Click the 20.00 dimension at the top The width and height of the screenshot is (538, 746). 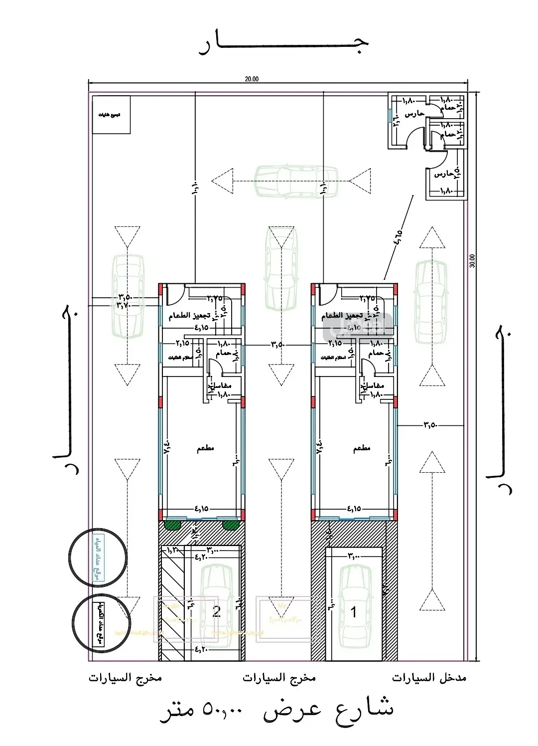click(252, 78)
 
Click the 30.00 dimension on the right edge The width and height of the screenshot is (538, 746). click(472, 261)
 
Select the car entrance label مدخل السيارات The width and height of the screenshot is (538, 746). click(429, 678)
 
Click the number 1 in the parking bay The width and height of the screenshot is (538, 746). click(354, 612)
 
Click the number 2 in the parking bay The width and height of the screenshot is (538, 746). click(216, 612)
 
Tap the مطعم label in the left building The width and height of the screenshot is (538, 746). click(205, 448)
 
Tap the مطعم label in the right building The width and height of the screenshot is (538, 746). click(362, 448)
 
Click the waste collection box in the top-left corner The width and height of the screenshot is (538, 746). click(111, 115)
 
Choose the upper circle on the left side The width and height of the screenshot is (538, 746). click(98, 555)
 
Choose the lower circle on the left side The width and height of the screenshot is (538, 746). click(98, 622)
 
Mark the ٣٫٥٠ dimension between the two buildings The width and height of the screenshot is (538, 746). click(277, 344)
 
